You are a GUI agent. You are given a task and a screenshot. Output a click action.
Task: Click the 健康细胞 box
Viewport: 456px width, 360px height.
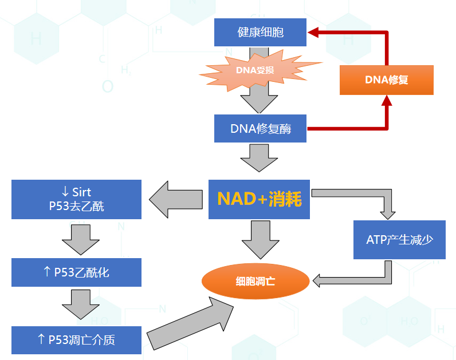(260, 33)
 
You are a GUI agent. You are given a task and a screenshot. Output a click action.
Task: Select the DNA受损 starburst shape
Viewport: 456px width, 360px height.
(255, 70)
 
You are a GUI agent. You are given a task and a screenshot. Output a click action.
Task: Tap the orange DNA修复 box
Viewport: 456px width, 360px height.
(386, 80)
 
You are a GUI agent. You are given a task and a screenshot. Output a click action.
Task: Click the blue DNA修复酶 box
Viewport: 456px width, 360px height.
(261, 129)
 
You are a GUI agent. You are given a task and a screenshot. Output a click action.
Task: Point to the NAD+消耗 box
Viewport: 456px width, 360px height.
(259, 199)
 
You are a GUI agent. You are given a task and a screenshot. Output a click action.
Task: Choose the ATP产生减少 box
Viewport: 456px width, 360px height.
(399, 239)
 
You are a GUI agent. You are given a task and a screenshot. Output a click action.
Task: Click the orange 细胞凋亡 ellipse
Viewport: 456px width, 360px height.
(255, 280)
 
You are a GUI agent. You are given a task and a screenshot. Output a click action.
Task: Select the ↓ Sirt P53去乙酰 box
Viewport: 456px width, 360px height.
(76, 199)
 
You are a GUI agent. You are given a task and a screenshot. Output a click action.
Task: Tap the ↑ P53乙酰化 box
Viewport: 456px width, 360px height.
(76, 272)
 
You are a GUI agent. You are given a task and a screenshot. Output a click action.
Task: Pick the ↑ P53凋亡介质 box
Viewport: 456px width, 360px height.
(76, 339)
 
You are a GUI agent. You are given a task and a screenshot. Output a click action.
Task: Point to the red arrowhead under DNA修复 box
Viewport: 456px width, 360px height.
(387, 101)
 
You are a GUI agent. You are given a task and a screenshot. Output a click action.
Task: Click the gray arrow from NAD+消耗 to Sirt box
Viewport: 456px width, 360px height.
(175, 199)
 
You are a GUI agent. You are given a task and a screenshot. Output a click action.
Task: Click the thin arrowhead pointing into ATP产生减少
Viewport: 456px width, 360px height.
(388, 214)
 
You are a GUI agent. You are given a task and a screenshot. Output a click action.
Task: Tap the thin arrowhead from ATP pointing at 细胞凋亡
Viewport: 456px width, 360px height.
(317, 280)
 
